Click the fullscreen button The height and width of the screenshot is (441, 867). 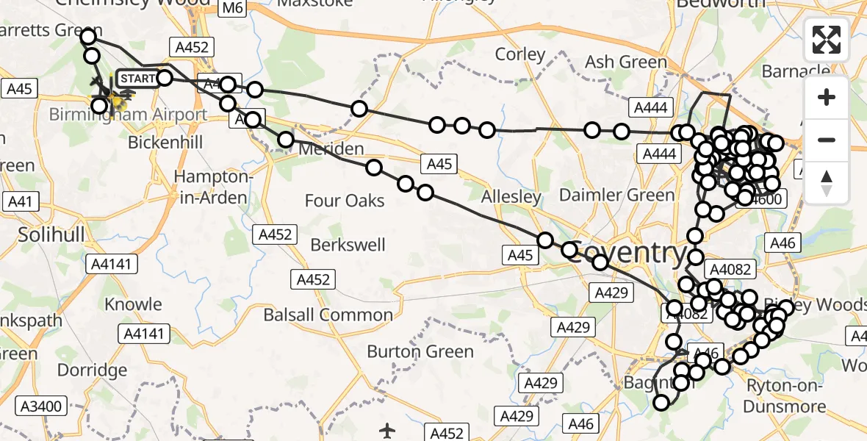coord(827,40)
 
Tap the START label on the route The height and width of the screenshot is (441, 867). coord(137,79)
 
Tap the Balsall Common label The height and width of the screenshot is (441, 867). coord(328,315)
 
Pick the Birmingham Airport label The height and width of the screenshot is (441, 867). coord(128,115)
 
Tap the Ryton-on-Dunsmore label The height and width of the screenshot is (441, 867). coord(784,395)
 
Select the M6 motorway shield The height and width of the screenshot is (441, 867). coord(232,8)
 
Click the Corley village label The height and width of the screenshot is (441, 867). coord(520,54)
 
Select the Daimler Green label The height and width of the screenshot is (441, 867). coord(616,195)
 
